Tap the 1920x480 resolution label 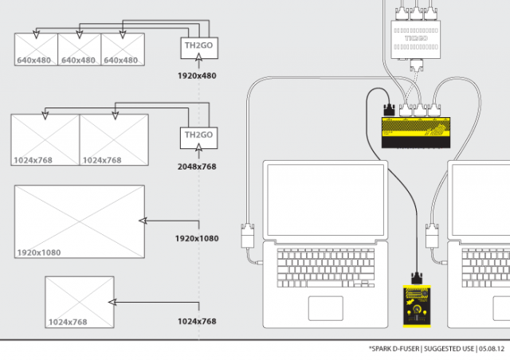tap(196, 77)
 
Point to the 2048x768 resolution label tap(196, 166)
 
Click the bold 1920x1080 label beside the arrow tap(196, 238)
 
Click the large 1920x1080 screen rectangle tap(80, 222)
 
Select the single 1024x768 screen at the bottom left tap(79, 302)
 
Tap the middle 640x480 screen tap(80, 49)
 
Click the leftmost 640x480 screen tap(37, 49)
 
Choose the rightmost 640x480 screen tap(123, 49)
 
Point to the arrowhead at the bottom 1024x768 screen tap(112, 302)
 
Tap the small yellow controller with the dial tap(414, 306)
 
